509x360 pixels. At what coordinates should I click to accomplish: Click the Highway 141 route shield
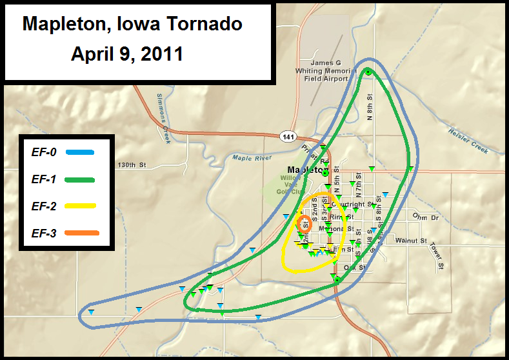(x=288, y=137)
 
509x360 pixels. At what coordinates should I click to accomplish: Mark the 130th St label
(x=132, y=166)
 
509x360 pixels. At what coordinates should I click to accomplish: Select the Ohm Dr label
(x=425, y=217)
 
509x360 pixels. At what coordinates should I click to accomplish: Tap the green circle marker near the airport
(x=367, y=72)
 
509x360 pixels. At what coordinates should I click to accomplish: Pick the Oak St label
(x=355, y=267)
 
